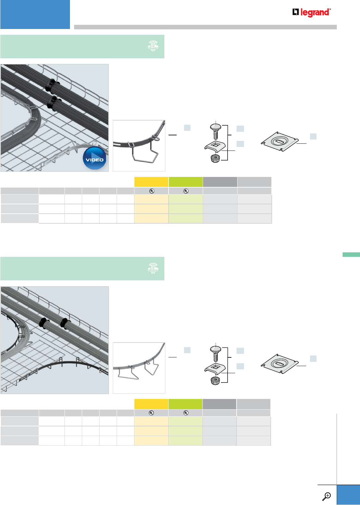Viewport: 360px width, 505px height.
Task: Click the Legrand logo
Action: point(311,13)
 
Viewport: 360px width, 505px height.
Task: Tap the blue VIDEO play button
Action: point(94,159)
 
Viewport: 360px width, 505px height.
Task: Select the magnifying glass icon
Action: point(327,496)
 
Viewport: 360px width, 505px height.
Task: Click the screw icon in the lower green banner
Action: point(153,268)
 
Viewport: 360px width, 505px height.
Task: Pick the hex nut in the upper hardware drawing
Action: point(215,159)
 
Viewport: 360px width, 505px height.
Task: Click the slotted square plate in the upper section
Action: point(279,142)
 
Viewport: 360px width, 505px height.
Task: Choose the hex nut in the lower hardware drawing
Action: point(215,381)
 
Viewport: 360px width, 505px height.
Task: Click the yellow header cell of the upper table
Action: point(151,182)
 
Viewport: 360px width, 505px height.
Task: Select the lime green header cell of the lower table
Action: point(185,404)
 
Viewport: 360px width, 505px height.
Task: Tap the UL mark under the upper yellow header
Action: point(151,191)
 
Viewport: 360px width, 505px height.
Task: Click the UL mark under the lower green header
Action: point(186,413)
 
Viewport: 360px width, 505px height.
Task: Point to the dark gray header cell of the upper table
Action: point(220,182)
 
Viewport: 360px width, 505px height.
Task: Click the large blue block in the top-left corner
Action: point(35,15)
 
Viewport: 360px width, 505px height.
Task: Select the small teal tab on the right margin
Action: point(351,255)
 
